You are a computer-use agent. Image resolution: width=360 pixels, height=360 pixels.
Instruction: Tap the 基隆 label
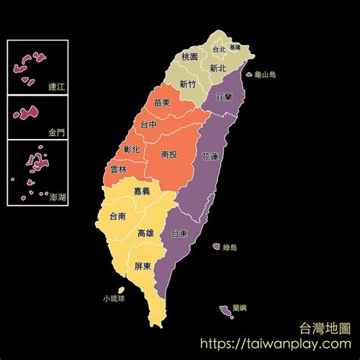click(235, 46)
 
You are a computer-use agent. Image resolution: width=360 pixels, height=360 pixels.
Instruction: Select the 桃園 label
click(191, 57)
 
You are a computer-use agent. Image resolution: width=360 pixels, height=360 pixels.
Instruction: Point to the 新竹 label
click(189, 84)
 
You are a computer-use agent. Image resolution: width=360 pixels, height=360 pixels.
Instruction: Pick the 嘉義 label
click(141, 191)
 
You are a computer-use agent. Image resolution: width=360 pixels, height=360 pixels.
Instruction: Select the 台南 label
click(118, 216)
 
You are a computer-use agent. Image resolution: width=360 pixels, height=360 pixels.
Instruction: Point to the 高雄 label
click(147, 232)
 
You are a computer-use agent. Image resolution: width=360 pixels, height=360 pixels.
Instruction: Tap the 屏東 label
click(143, 267)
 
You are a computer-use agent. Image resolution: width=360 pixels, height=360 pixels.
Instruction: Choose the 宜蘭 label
click(225, 98)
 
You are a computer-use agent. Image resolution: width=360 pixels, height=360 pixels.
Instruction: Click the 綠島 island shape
click(216, 246)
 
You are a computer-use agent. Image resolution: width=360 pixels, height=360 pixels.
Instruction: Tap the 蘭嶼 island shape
click(225, 310)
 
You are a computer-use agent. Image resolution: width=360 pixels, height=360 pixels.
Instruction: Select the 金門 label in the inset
click(57, 131)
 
